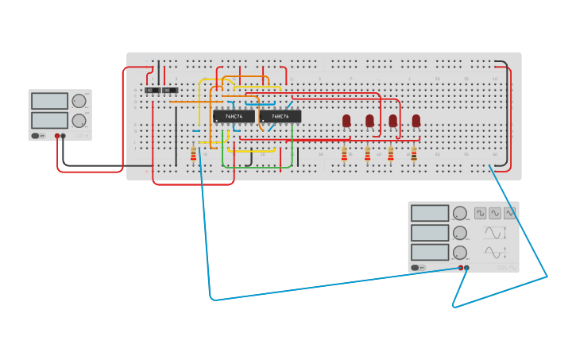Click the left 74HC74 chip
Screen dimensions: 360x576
(x=234, y=117)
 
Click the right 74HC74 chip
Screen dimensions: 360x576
(x=280, y=117)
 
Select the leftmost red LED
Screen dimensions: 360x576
(x=346, y=121)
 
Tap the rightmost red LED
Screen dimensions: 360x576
(x=416, y=121)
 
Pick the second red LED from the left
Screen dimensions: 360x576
(x=369, y=121)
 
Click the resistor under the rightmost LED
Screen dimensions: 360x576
(x=414, y=153)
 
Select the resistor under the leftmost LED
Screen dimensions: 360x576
(x=344, y=153)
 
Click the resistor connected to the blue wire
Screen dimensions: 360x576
(x=193, y=153)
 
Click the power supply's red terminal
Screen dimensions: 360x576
(x=57, y=136)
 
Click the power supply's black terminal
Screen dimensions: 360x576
(x=64, y=136)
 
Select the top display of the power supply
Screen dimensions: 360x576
(x=49, y=101)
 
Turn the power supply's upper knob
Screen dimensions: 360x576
(x=79, y=101)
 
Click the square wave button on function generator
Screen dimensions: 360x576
(x=481, y=213)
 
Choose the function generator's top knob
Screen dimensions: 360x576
(x=460, y=213)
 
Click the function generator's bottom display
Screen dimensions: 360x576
(x=430, y=252)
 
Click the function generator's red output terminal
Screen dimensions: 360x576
(x=460, y=268)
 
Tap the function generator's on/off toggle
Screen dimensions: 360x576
(x=416, y=268)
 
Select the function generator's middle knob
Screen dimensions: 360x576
(x=460, y=233)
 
